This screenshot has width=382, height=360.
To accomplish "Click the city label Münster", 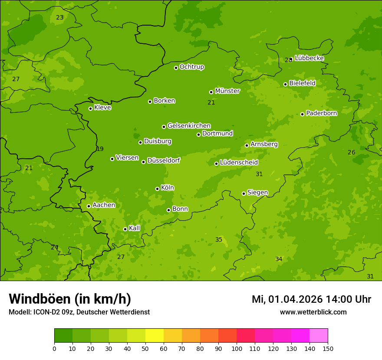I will coord(227,91).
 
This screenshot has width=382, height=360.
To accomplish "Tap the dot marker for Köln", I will coord(157,189).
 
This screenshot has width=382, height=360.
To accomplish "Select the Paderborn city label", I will coord(322,113).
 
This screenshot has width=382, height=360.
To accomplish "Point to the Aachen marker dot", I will coord(89,206).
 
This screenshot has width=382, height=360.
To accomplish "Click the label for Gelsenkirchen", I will coord(189,126).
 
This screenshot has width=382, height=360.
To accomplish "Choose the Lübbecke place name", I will coord(310,58).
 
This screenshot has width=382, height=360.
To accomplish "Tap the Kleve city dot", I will coord(90,108).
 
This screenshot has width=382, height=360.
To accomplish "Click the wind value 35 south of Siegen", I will coord(219,240).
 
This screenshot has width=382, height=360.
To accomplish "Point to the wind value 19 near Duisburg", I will coord(100,149).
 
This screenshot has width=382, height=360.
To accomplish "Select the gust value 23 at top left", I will coord(59,18).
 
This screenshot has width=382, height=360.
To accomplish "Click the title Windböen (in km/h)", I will coord(70,299).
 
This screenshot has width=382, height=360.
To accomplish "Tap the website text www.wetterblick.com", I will coord(313,312).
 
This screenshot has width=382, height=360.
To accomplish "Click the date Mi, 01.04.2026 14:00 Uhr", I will coord(311,299).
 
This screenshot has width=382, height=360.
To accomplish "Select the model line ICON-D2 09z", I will coord(79,312).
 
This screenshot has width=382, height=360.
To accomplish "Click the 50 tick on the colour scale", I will coord(145,348).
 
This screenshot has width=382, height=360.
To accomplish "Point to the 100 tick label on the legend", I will coord(237,348).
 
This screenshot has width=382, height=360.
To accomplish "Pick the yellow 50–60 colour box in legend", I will coord(155,336).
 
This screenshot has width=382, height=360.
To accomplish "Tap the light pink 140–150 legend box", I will coord(319,336).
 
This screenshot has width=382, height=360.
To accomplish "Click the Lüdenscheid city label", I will coord(239,163).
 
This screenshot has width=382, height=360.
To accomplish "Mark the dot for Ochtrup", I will coord(176,68).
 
